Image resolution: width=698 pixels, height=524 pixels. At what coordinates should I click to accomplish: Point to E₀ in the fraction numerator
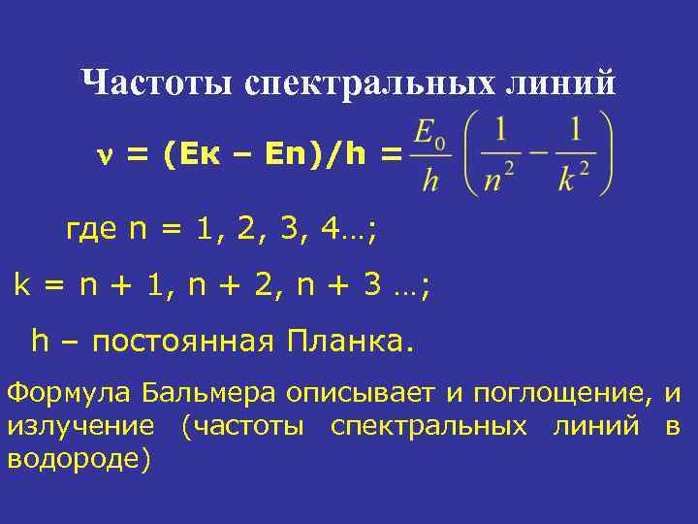click(428, 133)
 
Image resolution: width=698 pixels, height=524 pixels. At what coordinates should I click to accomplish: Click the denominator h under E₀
click(429, 180)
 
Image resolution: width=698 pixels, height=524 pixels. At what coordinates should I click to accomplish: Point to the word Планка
click(349, 341)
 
